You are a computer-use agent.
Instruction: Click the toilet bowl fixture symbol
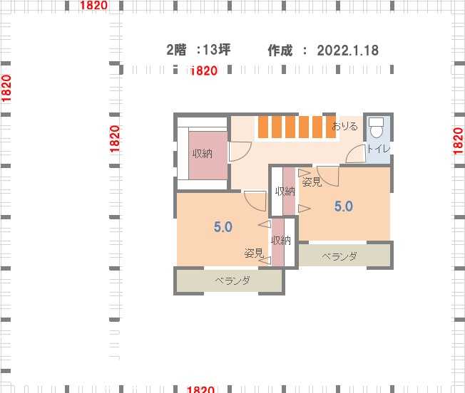point(376,128)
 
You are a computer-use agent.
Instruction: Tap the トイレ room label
point(379,149)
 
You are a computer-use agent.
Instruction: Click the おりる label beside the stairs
point(345,126)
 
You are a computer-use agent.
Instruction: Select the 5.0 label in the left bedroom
point(223,227)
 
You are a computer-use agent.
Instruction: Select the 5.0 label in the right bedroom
point(344,206)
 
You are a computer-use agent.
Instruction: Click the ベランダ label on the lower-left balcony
point(232,281)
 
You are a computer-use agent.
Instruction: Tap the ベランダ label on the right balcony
point(339,256)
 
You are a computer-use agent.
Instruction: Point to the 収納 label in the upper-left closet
point(203,154)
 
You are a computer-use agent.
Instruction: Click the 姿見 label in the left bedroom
point(254,253)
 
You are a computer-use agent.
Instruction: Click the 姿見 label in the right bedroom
point(312,182)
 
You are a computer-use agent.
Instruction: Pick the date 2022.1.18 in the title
point(348,51)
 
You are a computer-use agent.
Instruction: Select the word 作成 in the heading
point(280,51)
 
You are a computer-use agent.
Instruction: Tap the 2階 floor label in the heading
point(176,50)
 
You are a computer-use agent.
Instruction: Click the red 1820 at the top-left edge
point(93,5)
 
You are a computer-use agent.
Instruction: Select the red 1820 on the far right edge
point(458,141)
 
